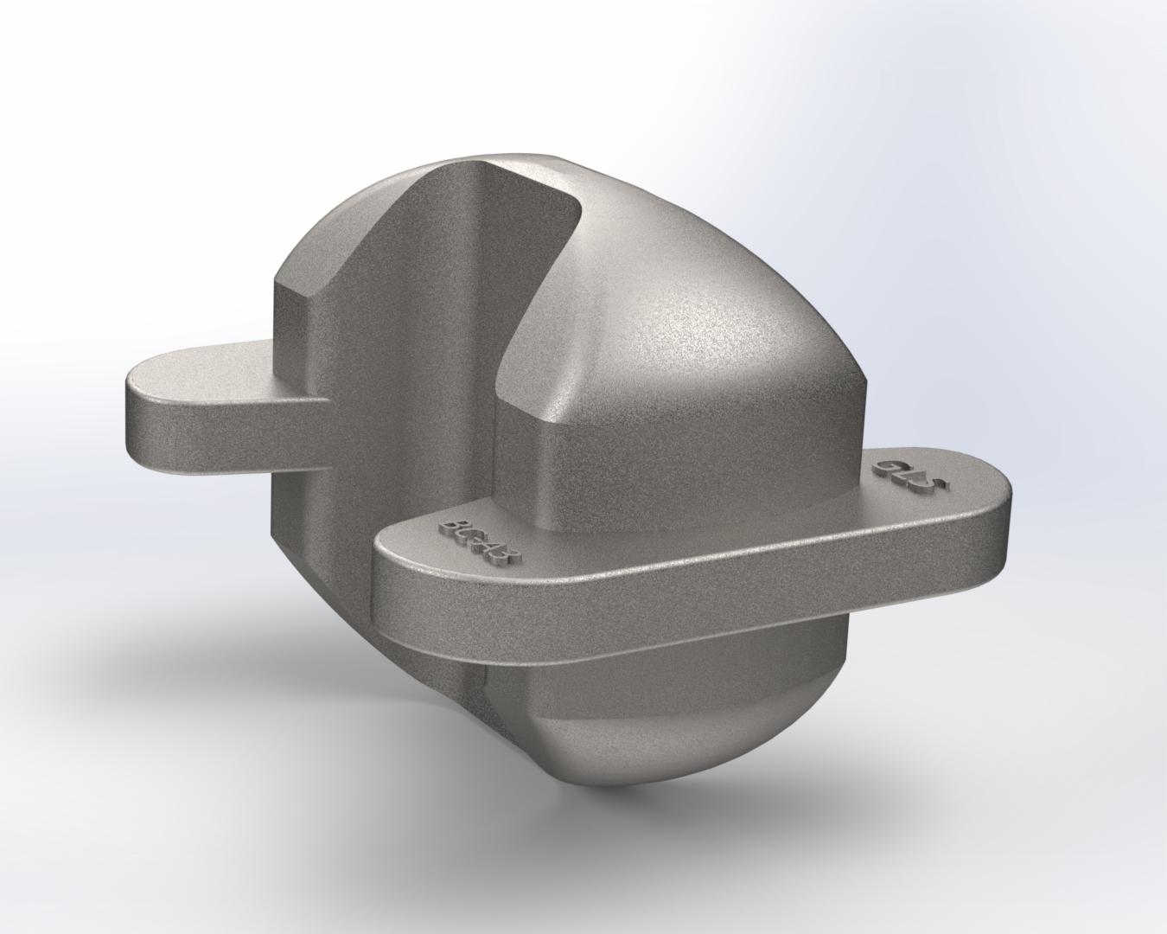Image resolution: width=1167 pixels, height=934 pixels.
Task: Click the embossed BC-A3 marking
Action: tap(479, 541)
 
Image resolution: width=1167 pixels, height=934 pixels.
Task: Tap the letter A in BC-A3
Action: tap(494, 549)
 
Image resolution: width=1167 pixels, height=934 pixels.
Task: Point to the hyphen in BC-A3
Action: tap(480, 542)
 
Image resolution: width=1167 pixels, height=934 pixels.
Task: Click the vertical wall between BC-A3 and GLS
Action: tap(692, 467)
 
